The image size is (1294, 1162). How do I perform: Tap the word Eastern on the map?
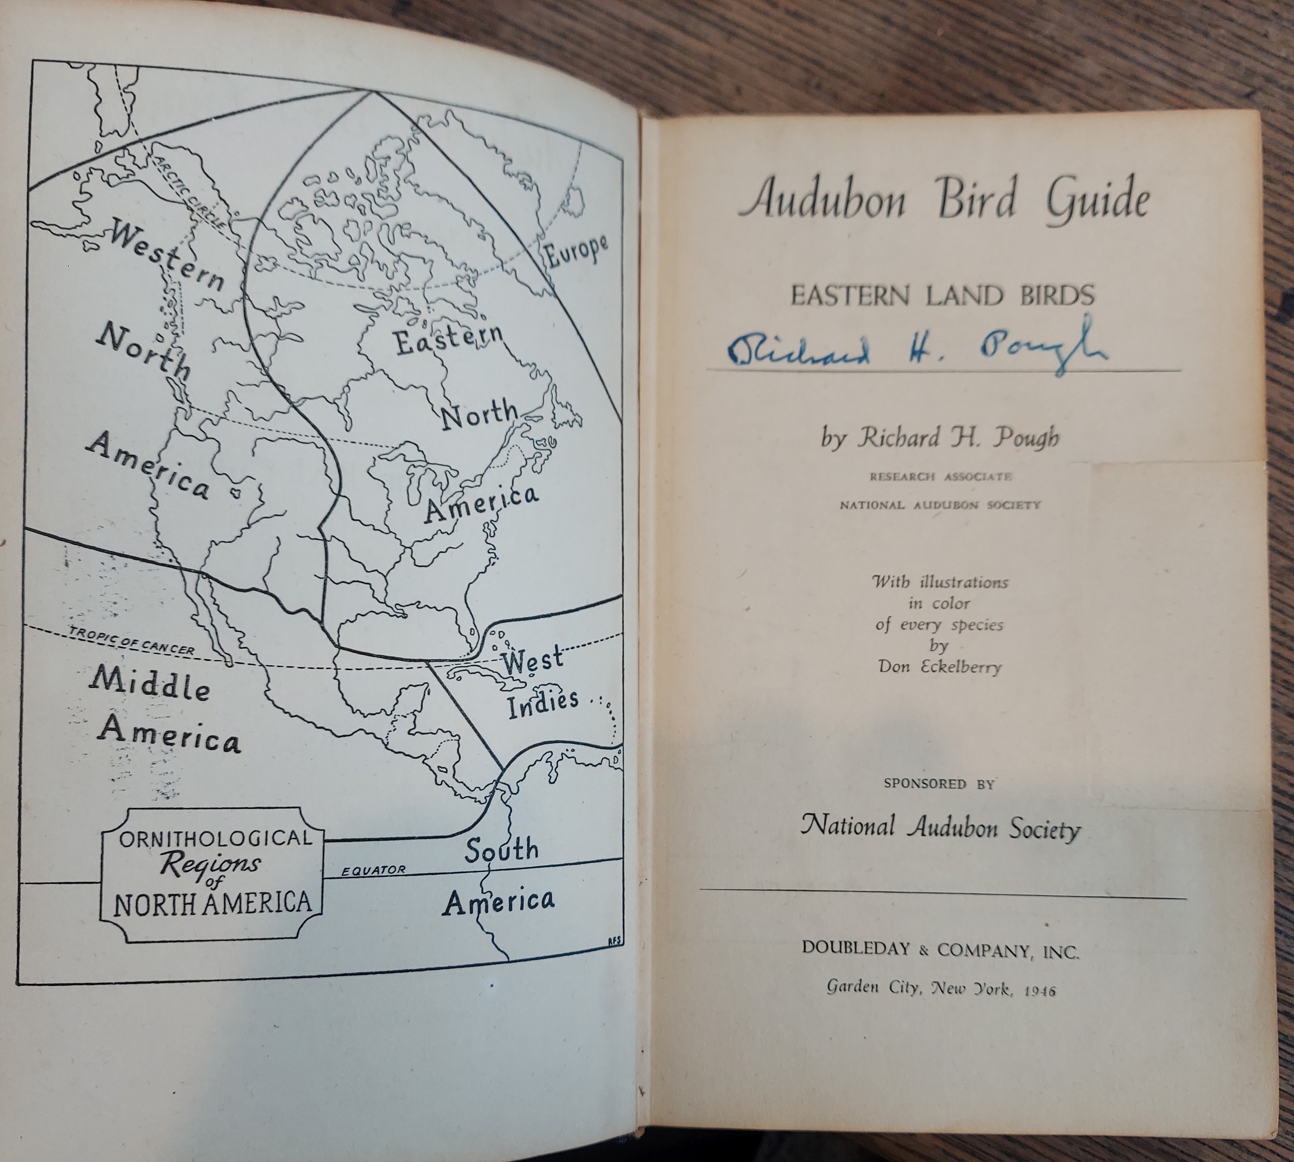[x=449, y=339]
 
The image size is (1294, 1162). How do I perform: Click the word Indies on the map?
[x=542, y=703]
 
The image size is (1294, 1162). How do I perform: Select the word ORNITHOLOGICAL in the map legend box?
[x=215, y=838]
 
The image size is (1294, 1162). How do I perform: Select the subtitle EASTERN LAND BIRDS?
[x=942, y=295]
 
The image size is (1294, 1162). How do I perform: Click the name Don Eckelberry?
[x=939, y=666]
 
